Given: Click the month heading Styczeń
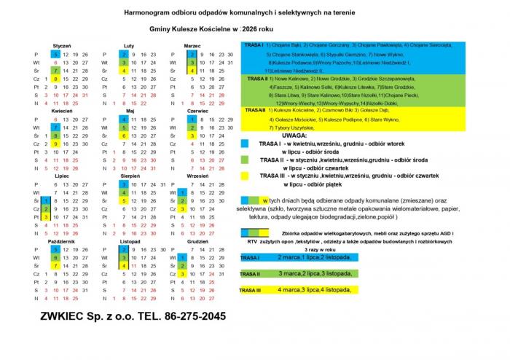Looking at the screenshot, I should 61,45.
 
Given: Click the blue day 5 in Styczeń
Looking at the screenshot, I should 55,55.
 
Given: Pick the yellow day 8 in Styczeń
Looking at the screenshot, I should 55,79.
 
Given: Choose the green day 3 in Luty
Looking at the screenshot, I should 124,63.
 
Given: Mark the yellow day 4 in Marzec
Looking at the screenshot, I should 191,71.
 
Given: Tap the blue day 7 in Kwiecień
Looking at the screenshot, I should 55,128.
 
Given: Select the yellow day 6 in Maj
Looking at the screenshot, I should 124,136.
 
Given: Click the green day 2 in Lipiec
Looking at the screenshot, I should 45,208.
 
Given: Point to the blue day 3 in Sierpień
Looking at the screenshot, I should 124,184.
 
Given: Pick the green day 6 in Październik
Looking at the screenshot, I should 55,257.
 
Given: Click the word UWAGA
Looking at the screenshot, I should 292,136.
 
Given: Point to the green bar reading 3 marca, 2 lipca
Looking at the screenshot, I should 310,273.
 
